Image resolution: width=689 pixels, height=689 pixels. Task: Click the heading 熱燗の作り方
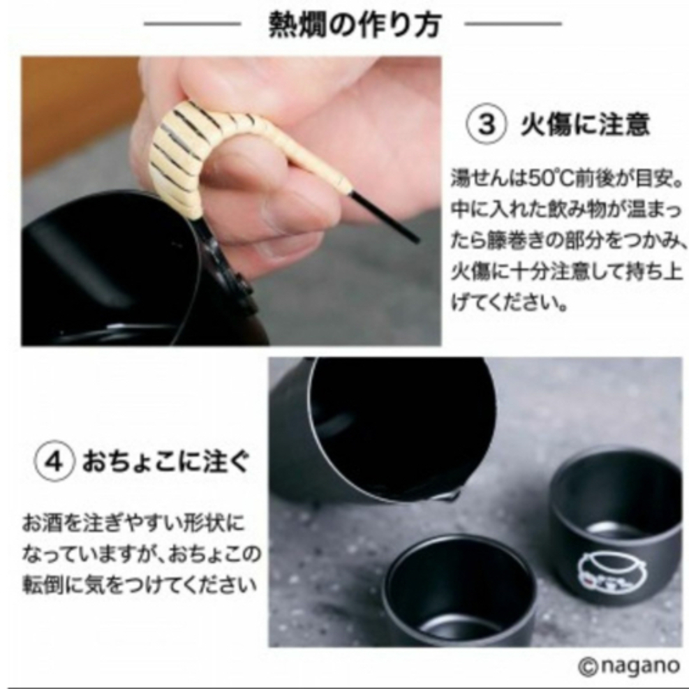pyautogui.click(x=354, y=24)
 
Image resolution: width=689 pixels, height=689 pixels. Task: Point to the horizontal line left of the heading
pyautogui.click(x=193, y=24)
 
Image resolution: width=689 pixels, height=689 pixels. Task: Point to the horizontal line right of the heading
pyautogui.click(x=513, y=24)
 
